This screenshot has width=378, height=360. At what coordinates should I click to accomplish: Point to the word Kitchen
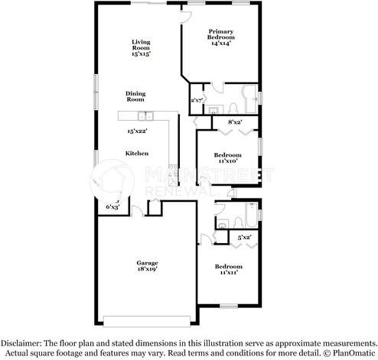(x=137, y=154)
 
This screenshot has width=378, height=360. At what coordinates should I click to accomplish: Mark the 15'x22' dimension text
(x=138, y=131)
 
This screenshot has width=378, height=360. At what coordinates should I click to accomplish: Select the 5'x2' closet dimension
(x=245, y=238)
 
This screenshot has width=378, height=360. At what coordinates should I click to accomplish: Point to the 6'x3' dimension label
(x=112, y=206)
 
